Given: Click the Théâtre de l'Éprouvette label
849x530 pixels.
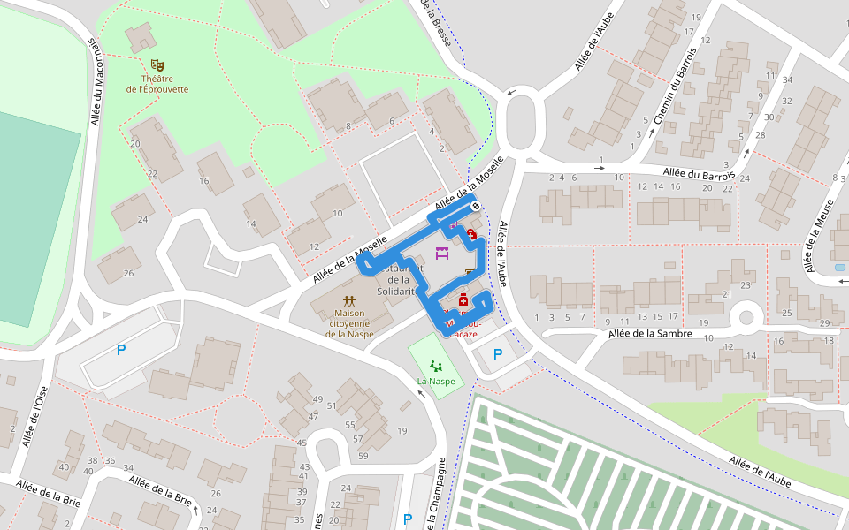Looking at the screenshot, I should (x=157, y=84).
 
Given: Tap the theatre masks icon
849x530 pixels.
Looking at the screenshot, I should (x=157, y=64).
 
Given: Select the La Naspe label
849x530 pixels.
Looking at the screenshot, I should (x=437, y=382).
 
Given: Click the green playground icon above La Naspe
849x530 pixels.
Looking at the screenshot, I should (x=435, y=365).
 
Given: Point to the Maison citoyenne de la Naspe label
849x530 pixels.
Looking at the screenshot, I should (x=349, y=323).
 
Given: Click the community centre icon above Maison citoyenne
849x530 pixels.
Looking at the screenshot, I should (x=349, y=300).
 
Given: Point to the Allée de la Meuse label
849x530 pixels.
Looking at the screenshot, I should (x=814, y=234).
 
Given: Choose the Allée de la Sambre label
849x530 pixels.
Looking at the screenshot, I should (x=650, y=334).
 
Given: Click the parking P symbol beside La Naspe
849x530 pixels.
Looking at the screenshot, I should (x=498, y=354).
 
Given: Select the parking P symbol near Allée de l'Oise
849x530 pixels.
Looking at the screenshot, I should (x=121, y=350).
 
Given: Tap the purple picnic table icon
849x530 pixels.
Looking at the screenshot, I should (x=443, y=252).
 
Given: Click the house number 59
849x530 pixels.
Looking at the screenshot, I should (x=363, y=456).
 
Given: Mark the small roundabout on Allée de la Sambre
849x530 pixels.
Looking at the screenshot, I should (x=746, y=315).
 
